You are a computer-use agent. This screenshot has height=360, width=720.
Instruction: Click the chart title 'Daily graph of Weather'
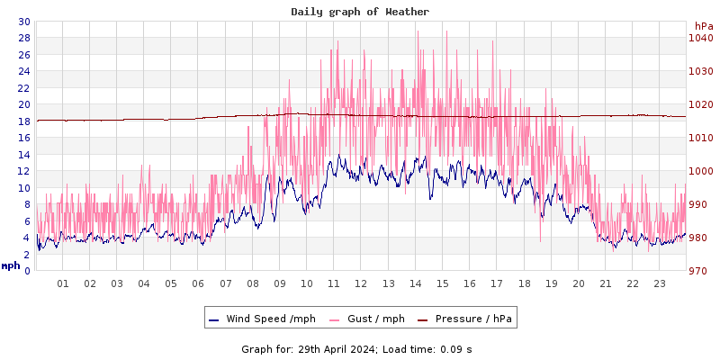[360, 12]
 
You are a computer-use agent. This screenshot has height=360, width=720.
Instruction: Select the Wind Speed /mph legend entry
[261, 319]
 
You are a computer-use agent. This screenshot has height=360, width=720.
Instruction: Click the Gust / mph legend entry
[366, 319]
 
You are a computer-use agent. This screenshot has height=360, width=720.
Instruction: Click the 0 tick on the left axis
[26, 270]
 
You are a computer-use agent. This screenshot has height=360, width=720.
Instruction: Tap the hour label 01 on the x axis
[63, 283]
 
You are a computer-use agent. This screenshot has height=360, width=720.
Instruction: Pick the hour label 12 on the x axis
[361, 283]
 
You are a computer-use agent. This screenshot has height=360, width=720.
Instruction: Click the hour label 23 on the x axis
[660, 283]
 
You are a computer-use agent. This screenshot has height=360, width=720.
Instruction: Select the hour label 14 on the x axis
[415, 283]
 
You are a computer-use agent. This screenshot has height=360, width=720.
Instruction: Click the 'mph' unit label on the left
[11, 265]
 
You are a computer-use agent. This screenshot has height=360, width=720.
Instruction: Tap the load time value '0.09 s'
[456, 348]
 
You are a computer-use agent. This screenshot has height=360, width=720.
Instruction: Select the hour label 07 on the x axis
[225, 283]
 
